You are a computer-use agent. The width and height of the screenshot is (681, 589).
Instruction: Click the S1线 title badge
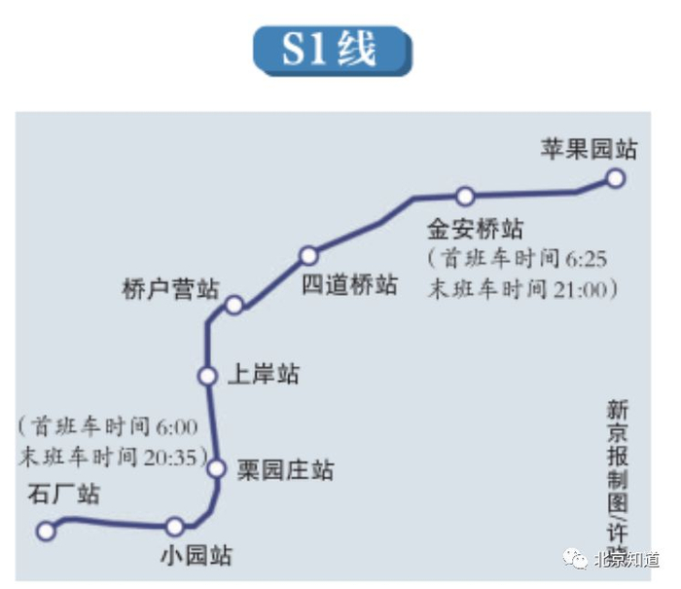(x=331, y=50)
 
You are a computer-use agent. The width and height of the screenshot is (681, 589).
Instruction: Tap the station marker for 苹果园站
(x=614, y=178)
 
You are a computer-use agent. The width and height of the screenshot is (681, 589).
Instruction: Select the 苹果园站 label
(x=589, y=149)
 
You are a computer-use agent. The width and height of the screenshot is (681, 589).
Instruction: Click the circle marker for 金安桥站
(x=465, y=196)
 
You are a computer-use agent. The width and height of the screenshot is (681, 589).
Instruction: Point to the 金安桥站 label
(x=475, y=229)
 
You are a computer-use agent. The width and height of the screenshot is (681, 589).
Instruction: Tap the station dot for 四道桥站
(x=308, y=255)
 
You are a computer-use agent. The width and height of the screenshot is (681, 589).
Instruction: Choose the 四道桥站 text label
(x=349, y=284)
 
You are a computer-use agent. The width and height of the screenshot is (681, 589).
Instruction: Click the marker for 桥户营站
(x=233, y=305)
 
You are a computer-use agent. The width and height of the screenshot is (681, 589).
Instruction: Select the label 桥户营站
(x=170, y=289)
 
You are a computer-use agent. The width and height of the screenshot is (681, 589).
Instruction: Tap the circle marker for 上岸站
(x=206, y=376)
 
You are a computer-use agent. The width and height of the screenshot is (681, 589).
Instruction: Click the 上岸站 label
(x=263, y=374)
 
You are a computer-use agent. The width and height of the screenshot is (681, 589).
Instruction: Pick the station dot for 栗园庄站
(x=218, y=469)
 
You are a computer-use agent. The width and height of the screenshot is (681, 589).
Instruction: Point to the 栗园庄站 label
(x=285, y=470)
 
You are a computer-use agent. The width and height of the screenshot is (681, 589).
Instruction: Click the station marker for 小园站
(x=174, y=527)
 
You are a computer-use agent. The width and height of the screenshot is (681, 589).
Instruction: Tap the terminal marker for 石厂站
(x=45, y=531)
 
